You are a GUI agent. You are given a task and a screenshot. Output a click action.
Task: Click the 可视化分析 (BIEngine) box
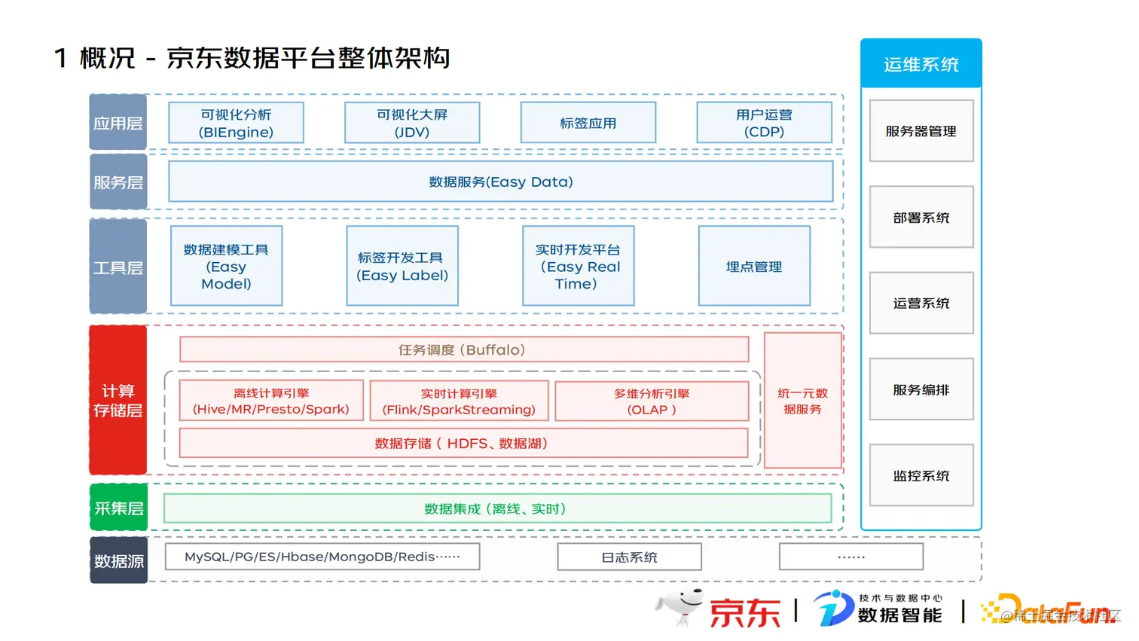[236, 123]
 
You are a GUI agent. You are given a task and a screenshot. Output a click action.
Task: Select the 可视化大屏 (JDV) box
[412, 123]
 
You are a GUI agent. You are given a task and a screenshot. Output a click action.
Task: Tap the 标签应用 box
[588, 123]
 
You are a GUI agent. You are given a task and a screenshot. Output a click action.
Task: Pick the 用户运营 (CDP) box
[764, 123]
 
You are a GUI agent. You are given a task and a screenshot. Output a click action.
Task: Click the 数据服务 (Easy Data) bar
[500, 182]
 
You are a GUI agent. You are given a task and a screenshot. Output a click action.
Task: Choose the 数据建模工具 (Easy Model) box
[226, 266]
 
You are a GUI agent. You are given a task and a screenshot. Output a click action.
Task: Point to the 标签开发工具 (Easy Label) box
[402, 266]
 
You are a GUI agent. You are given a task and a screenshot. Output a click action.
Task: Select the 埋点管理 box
[754, 266]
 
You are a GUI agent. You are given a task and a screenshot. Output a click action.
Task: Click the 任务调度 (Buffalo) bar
[463, 349]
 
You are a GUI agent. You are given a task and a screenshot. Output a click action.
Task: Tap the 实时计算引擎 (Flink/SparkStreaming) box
[459, 401]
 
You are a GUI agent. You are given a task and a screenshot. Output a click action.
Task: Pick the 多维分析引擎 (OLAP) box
[652, 401]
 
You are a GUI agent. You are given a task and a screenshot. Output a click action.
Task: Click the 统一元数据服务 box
[802, 401]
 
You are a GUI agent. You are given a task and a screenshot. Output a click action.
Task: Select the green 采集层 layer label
[118, 508]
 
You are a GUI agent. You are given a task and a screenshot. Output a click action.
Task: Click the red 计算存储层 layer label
[118, 400]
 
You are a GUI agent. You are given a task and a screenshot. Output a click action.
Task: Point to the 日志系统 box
[629, 557]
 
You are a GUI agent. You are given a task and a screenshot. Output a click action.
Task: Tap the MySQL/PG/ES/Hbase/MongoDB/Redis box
[322, 557]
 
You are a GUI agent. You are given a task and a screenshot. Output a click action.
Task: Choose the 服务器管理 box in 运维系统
[921, 131]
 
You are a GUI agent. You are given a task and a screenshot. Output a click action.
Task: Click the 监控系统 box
[921, 475]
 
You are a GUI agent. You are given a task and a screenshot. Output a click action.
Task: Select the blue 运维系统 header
[921, 64]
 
